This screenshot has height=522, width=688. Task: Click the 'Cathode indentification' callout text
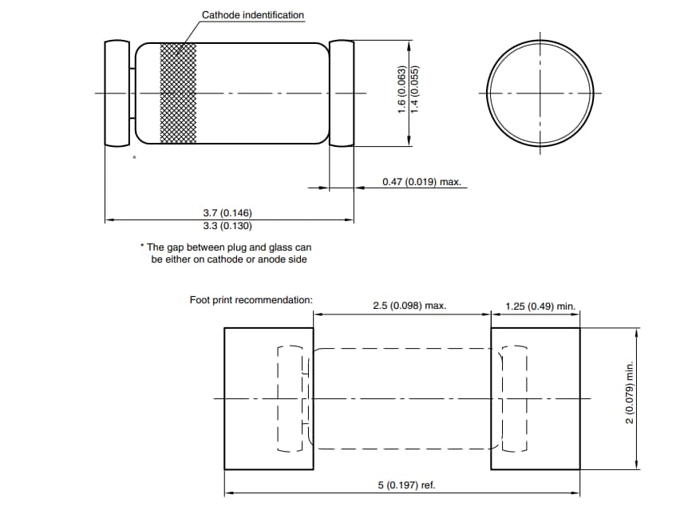click(x=252, y=15)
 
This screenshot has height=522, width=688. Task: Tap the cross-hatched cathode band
click(x=177, y=93)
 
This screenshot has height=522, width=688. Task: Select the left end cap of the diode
click(x=117, y=93)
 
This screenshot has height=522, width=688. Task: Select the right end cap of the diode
click(x=342, y=93)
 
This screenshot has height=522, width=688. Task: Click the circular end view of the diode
click(x=540, y=93)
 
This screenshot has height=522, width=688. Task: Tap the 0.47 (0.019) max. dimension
click(x=421, y=182)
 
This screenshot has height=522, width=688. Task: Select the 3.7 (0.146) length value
click(x=227, y=213)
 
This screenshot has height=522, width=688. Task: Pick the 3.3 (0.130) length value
click(x=227, y=225)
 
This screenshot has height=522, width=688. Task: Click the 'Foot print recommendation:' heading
click(x=251, y=300)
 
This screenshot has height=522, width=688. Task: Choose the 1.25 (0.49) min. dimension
click(x=540, y=306)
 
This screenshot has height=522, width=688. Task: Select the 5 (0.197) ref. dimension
click(x=406, y=485)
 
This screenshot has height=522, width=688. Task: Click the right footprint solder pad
click(x=535, y=398)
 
